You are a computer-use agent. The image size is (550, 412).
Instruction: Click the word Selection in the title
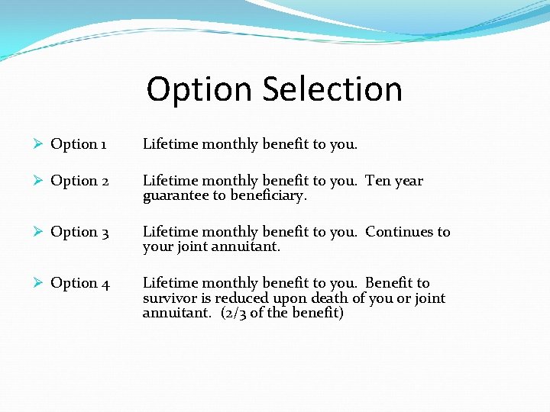[x=332, y=89]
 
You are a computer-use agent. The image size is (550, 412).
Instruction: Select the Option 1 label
[x=79, y=144]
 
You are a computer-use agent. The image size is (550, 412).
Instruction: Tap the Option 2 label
[x=79, y=181]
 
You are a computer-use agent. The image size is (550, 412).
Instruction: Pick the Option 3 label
[x=79, y=232]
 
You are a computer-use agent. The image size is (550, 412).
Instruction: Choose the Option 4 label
[x=79, y=283]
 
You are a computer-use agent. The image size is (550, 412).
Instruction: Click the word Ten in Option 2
[x=378, y=181]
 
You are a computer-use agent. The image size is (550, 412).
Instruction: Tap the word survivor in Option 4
[x=170, y=298]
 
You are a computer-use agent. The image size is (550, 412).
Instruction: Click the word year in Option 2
[x=408, y=182]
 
